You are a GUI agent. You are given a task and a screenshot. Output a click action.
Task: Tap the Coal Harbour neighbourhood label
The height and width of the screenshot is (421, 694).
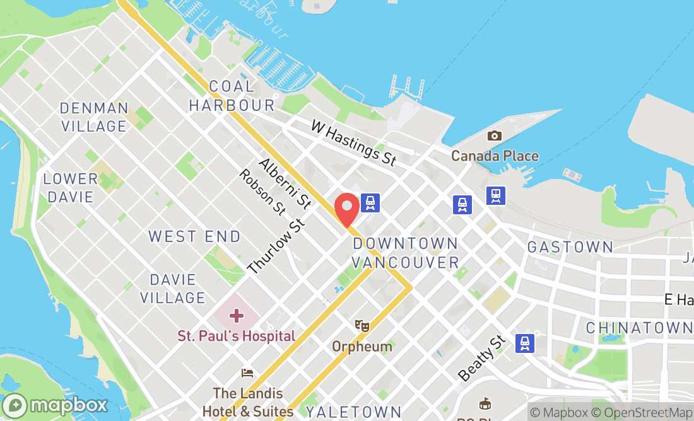pos(232,96)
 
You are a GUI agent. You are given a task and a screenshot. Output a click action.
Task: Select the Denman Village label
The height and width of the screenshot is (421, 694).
pos(94,117)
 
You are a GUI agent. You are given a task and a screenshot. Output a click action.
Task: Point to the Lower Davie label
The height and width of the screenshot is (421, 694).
pos(70,188)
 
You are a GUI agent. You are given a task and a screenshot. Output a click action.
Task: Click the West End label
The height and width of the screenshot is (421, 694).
pos(194,237)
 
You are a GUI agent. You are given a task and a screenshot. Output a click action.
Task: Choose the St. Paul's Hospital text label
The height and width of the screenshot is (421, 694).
pos(236,336)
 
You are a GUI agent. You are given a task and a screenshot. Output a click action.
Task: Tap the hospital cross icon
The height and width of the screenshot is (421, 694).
pos(236,315)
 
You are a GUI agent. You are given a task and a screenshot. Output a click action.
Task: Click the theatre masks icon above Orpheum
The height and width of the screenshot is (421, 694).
pos(362,326)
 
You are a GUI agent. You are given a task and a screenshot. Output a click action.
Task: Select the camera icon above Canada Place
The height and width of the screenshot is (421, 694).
pos(495,136)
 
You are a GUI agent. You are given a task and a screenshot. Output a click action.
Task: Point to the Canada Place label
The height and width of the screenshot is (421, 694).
pos(495,156)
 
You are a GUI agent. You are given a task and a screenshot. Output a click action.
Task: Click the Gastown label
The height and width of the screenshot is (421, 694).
pos(570,247)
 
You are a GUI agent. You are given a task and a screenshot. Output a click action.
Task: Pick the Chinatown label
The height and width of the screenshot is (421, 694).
pos(638,328)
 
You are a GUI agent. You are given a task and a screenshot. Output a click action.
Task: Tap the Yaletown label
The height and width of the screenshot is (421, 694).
pos(353,412)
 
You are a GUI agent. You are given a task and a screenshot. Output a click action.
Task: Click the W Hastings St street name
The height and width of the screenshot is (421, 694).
pos(353,143)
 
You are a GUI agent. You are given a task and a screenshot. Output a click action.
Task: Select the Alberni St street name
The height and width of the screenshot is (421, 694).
pos(285,183)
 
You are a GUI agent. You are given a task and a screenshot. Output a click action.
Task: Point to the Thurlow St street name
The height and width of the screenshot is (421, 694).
pos(276,246)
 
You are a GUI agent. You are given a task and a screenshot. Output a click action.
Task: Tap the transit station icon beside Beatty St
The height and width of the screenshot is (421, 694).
pos(524,343)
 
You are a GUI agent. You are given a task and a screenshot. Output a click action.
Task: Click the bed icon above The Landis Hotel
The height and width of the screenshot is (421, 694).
pos(247,372)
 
